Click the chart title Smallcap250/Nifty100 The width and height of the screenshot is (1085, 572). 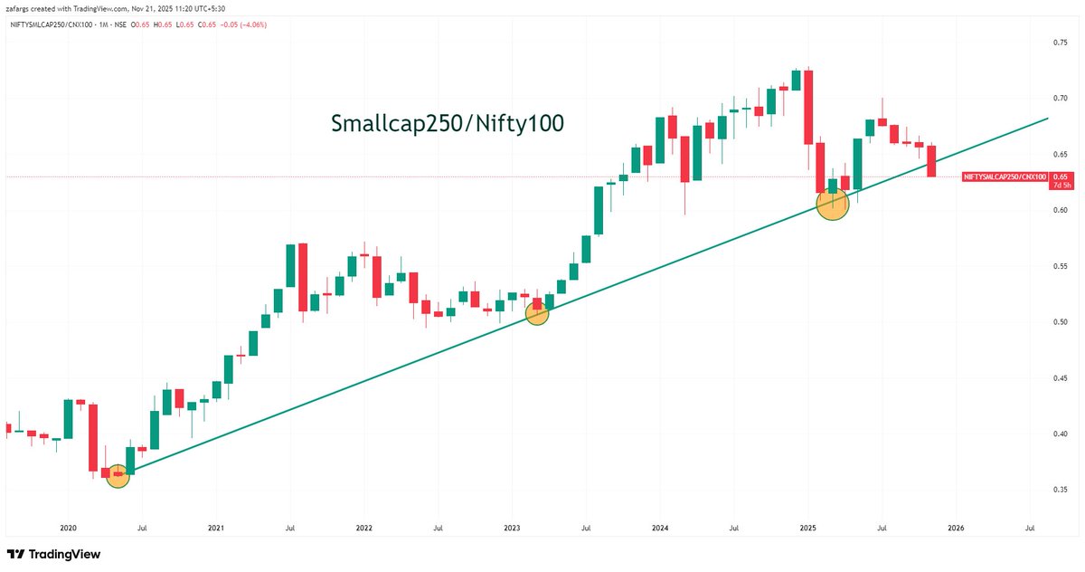[447, 124]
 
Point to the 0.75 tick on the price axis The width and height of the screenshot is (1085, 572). [1061, 42]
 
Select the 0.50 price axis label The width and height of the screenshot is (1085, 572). [1061, 321]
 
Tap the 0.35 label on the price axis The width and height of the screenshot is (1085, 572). [1061, 489]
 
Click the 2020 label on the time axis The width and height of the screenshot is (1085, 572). [68, 526]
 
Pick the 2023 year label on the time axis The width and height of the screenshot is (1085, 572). [512, 526]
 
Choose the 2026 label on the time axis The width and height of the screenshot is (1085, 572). [956, 526]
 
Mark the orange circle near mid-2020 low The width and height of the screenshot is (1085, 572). [118, 475]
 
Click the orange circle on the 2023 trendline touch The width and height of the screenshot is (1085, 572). [537, 313]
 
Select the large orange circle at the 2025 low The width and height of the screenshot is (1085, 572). [832, 205]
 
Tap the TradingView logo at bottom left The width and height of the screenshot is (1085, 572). [53, 554]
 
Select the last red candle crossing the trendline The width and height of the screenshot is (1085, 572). [931, 161]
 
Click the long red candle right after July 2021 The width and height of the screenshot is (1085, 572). [303, 277]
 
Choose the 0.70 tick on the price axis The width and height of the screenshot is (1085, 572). [1061, 98]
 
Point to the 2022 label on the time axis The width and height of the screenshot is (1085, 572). [364, 526]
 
